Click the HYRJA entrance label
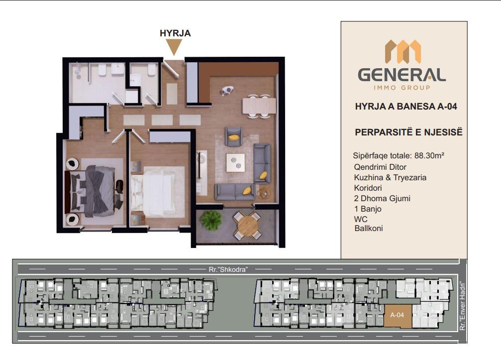[x=175, y=33]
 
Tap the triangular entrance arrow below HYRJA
[x=175, y=47]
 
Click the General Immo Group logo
[x=402, y=65]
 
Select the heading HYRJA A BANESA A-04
[x=406, y=107]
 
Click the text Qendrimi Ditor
[x=380, y=167]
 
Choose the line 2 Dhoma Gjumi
[x=382, y=198]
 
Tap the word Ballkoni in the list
[x=369, y=228]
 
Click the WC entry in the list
[x=361, y=219]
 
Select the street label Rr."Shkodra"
[x=228, y=269]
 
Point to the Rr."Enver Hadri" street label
[x=462, y=306]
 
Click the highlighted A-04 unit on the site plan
[x=398, y=316]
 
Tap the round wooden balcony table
[x=248, y=226]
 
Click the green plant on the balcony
[x=211, y=220]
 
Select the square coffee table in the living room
[x=236, y=163]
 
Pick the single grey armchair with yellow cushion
[x=233, y=136]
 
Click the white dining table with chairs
[x=259, y=106]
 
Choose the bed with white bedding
[x=156, y=193]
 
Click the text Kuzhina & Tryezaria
[x=390, y=177]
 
